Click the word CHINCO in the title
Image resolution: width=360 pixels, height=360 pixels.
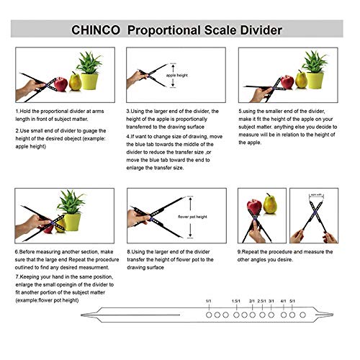(96, 31)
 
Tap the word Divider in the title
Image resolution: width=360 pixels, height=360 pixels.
(256, 31)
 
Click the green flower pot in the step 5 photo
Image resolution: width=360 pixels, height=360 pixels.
(313, 78)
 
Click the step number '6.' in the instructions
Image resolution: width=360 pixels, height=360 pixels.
(17, 252)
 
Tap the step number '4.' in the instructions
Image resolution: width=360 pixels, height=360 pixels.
(128, 133)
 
